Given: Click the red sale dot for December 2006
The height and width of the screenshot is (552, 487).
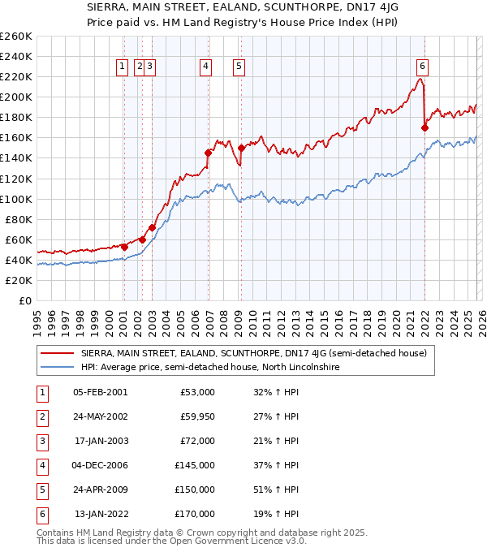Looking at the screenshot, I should click(x=209, y=153).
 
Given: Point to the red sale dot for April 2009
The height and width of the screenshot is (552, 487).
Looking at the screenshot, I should click(x=241, y=148).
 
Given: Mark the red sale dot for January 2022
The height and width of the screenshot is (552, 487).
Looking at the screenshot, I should click(x=425, y=127).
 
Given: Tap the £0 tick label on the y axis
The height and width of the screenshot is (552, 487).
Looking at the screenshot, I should click(x=25, y=300).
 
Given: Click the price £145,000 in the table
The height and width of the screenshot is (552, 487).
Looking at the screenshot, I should click(x=195, y=466).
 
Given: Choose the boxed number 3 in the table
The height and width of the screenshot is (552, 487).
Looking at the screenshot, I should click(x=41, y=442).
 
